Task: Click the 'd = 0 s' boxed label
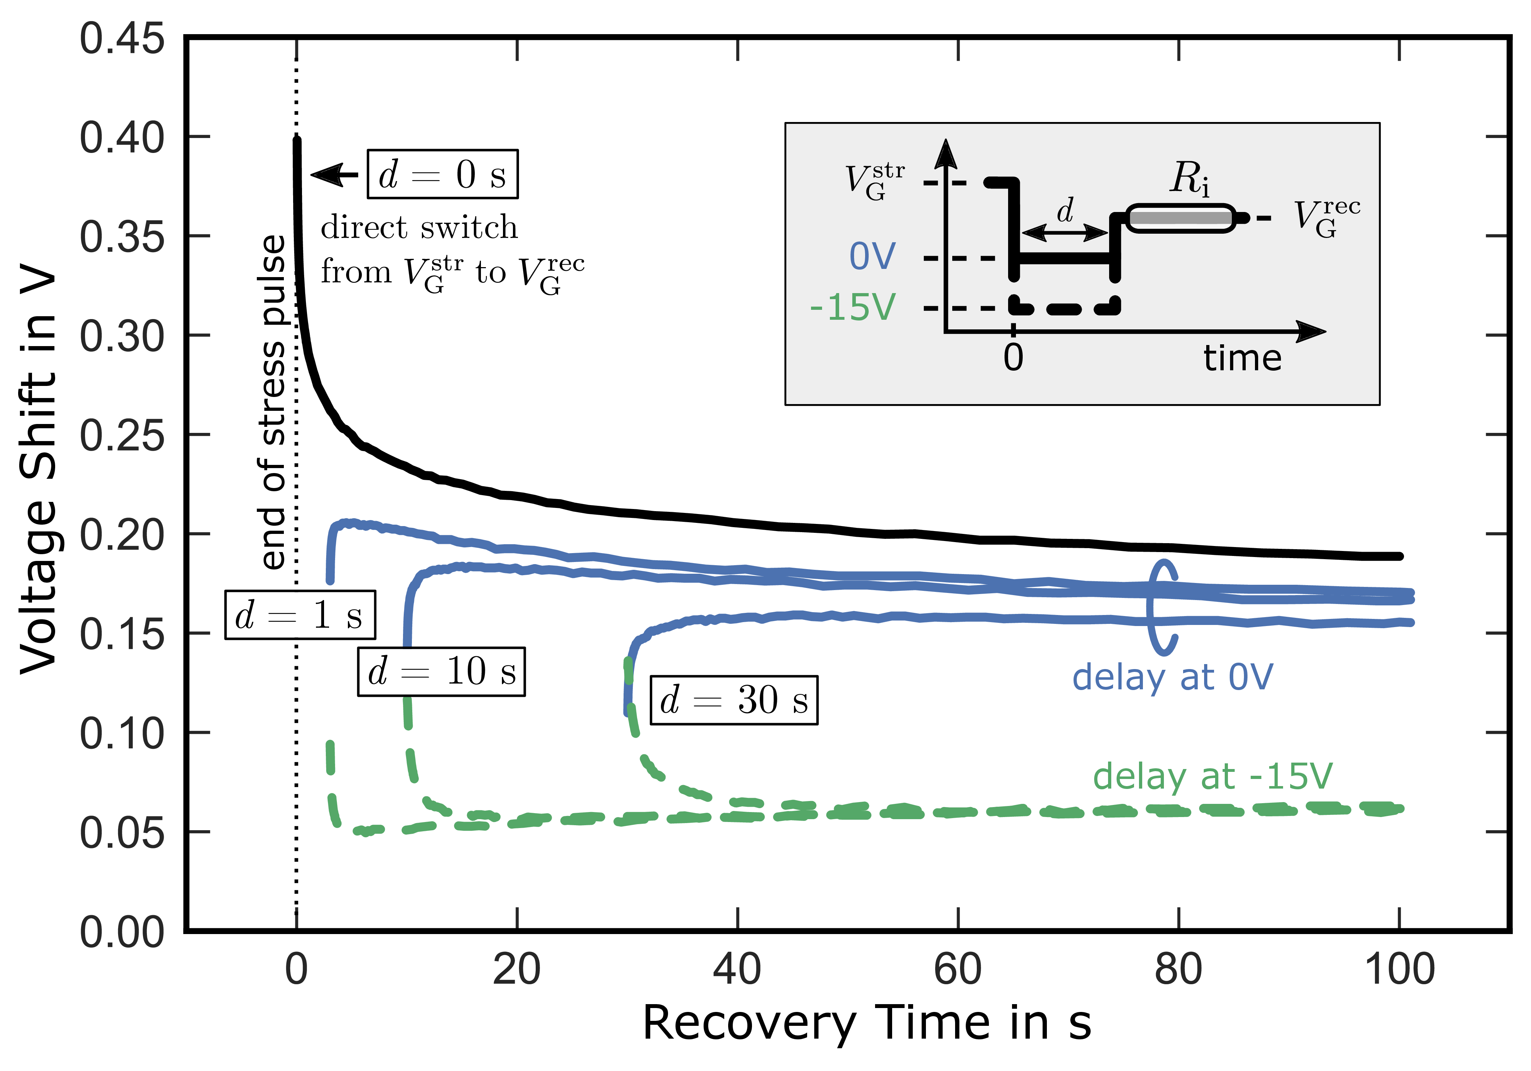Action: (442, 174)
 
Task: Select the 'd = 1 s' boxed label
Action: (300, 615)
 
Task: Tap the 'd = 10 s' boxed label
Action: (441, 672)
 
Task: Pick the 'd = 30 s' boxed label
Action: (733, 700)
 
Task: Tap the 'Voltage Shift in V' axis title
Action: (39, 470)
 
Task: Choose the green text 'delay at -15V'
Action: (1212, 776)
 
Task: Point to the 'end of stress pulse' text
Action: (274, 402)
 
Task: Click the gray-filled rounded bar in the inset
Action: (1180, 218)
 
